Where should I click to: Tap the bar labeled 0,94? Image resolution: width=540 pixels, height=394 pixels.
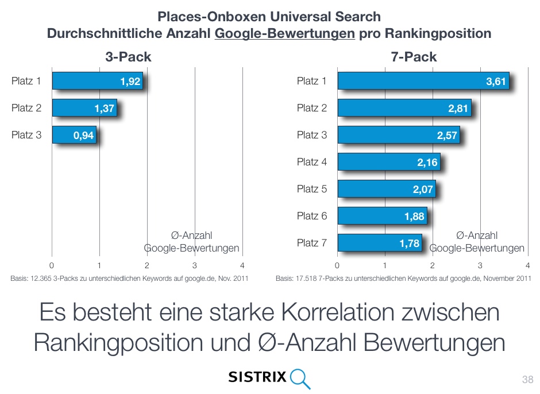(x=74, y=135)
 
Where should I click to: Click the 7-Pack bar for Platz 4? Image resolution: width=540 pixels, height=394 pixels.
(x=388, y=163)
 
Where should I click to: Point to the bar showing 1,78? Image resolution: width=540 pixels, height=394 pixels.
(x=379, y=243)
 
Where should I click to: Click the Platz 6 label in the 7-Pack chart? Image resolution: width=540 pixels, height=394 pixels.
(x=312, y=216)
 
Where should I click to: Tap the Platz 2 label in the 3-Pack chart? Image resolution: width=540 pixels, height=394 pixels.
(x=26, y=108)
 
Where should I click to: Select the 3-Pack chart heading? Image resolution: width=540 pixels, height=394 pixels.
(x=128, y=57)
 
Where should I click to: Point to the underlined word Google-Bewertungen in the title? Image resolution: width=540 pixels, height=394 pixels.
(x=284, y=33)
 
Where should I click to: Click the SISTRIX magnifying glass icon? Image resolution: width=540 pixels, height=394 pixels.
(x=300, y=377)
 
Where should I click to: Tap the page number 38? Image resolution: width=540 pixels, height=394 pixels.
(x=527, y=380)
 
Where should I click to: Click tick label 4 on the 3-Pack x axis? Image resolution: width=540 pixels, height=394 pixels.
(x=242, y=265)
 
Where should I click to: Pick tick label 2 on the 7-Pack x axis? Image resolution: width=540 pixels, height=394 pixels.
(x=433, y=265)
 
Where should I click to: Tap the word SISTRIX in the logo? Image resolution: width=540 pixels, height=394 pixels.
(x=257, y=377)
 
